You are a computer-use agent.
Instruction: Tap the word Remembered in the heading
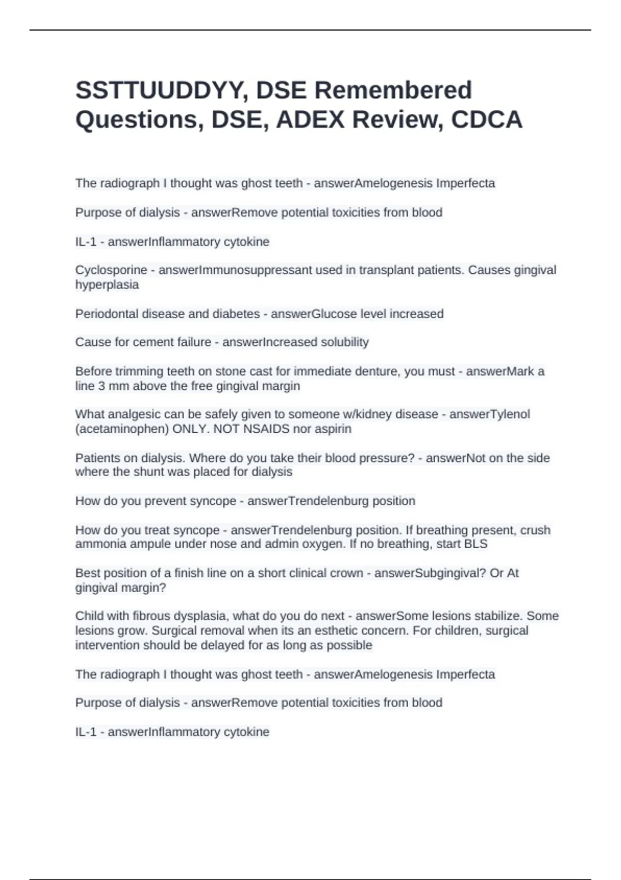coord(393,90)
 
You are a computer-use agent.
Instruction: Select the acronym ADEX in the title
coord(310,120)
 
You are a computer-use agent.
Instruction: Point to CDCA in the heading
coord(486,120)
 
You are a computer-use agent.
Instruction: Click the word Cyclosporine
coord(111,270)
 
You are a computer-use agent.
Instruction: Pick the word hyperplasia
coord(107,285)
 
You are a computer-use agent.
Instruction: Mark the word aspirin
coord(332,429)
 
